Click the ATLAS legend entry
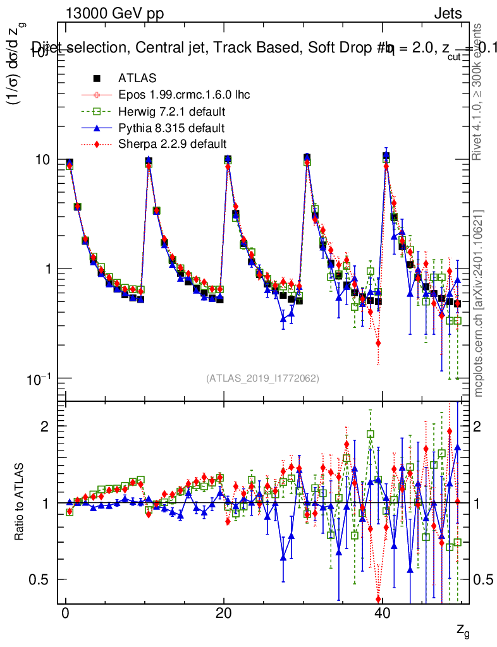[x=137, y=79]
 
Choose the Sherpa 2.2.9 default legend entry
[x=172, y=145]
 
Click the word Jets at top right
[x=447, y=14]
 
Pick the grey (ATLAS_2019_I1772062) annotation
[x=262, y=378]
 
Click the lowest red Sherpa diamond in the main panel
[x=378, y=343]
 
